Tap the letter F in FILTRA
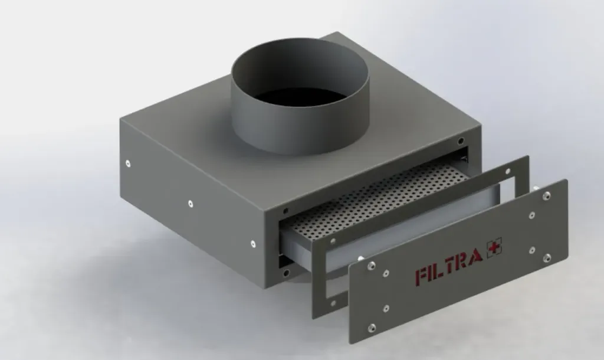coord(422,276)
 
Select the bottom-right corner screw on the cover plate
coord(547,257)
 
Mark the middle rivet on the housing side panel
coord(191,204)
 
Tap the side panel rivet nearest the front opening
coord(252,243)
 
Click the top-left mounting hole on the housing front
coord(285,211)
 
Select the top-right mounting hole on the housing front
coord(460,141)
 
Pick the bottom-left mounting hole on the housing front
coord(286,273)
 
